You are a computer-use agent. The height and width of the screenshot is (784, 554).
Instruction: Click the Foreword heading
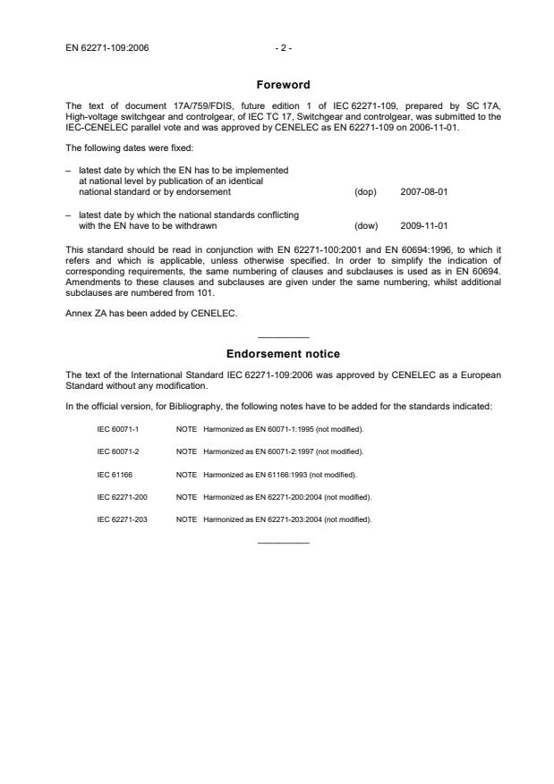point(283,85)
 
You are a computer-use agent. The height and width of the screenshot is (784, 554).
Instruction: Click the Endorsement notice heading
point(283,354)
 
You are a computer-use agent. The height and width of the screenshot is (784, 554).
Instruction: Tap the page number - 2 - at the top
point(283,47)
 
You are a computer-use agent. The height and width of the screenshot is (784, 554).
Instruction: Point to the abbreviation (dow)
point(366,225)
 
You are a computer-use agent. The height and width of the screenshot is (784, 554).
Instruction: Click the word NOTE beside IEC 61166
point(186,473)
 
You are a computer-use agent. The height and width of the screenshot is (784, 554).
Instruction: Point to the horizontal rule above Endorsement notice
point(283,337)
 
